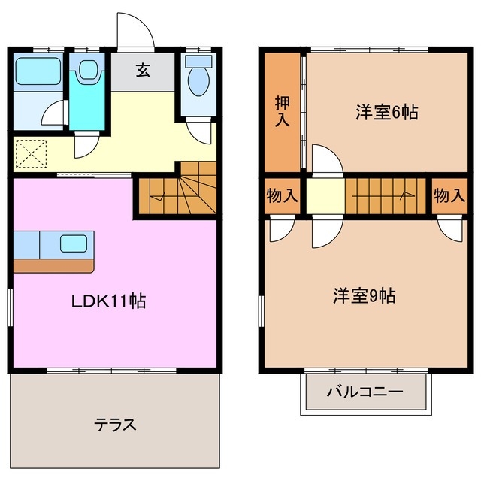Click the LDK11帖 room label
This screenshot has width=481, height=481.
pyautogui.click(x=108, y=301)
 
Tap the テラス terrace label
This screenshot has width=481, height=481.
pyautogui.click(x=115, y=425)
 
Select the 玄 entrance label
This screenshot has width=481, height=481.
pyautogui.click(x=142, y=71)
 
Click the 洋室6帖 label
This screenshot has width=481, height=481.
pyautogui.click(x=386, y=113)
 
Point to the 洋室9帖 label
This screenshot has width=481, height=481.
pyautogui.click(x=365, y=295)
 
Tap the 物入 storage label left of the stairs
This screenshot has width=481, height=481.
pyautogui.click(x=282, y=196)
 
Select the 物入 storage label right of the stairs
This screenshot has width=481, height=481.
pyautogui.click(x=449, y=196)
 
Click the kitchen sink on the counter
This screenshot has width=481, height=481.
pyautogui.click(x=73, y=244)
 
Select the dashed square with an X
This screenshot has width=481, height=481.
pyautogui.click(x=30, y=154)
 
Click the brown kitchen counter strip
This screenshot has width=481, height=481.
pyautogui.click(x=53, y=265)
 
